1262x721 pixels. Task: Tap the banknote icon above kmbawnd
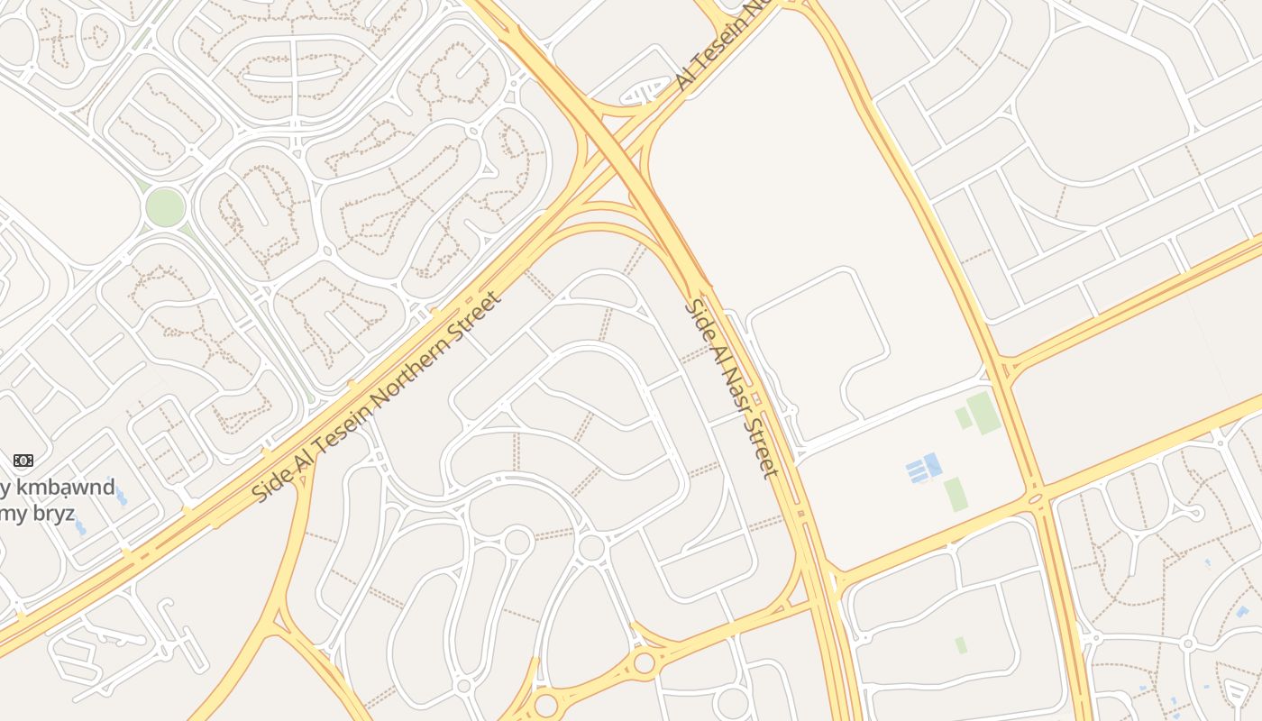coord(23,461)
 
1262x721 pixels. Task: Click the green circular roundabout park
coord(165,207)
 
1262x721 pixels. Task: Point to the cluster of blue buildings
coord(923,469)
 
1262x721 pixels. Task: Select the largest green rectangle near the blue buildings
coord(983,413)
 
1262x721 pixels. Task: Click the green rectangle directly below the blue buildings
coord(955,495)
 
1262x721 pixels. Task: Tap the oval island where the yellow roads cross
coord(1035,497)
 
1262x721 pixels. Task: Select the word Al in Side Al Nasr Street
coord(710,339)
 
